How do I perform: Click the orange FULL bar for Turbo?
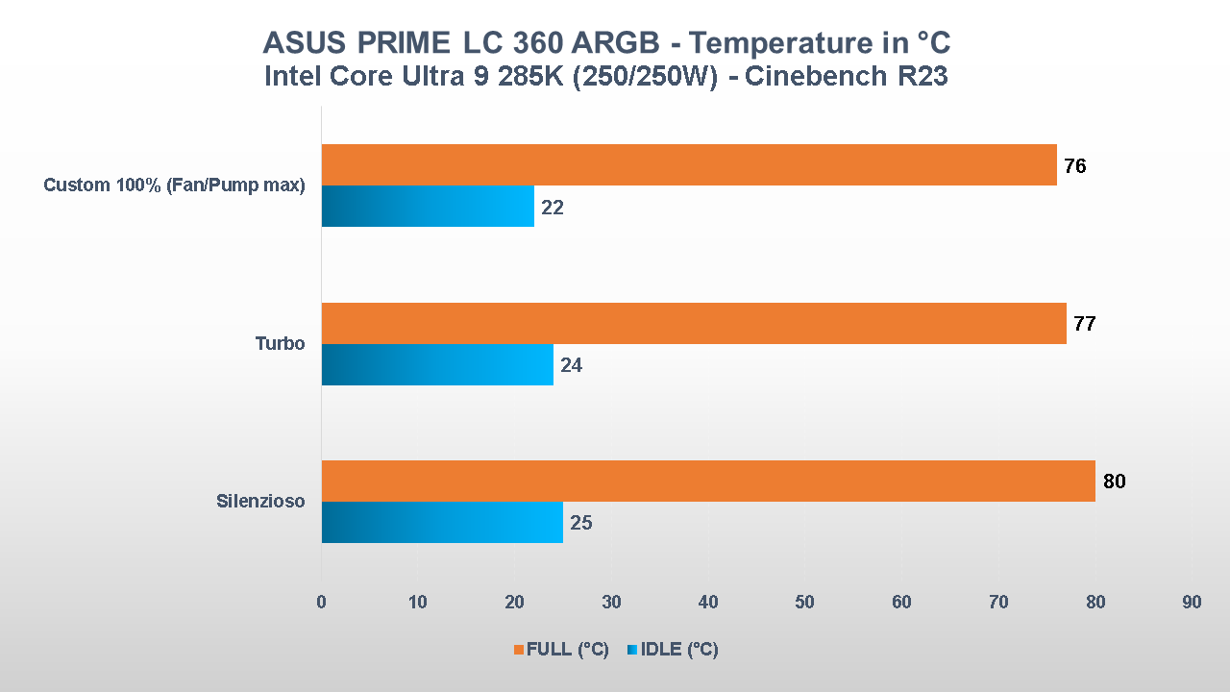pyautogui.click(x=693, y=323)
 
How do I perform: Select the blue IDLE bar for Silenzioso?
pyautogui.click(x=441, y=522)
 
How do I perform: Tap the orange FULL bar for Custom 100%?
pyautogui.click(x=688, y=164)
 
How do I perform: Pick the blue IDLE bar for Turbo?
pyautogui.click(x=436, y=364)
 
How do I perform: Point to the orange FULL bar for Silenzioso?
pyautogui.click(x=707, y=481)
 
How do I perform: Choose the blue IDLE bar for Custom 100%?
pyautogui.click(x=427, y=206)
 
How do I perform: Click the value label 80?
pyautogui.click(x=1114, y=482)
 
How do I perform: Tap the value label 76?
pyautogui.click(x=1075, y=166)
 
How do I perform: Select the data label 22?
pyautogui.click(x=552, y=208)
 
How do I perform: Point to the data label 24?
pyautogui.click(x=571, y=366)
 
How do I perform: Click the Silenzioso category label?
pyautogui.click(x=260, y=501)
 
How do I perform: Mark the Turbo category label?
pyautogui.click(x=280, y=343)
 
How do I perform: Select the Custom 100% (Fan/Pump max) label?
pyautogui.click(x=174, y=185)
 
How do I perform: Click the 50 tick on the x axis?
pyautogui.click(x=804, y=602)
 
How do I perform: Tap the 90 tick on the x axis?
pyautogui.click(x=1192, y=602)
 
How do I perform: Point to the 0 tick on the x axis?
pyautogui.click(x=321, y=602)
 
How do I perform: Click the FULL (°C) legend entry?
pyautogui.click(x=561, y=650)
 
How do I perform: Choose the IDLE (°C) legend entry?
pyautogui.click(x=673, y=650)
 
